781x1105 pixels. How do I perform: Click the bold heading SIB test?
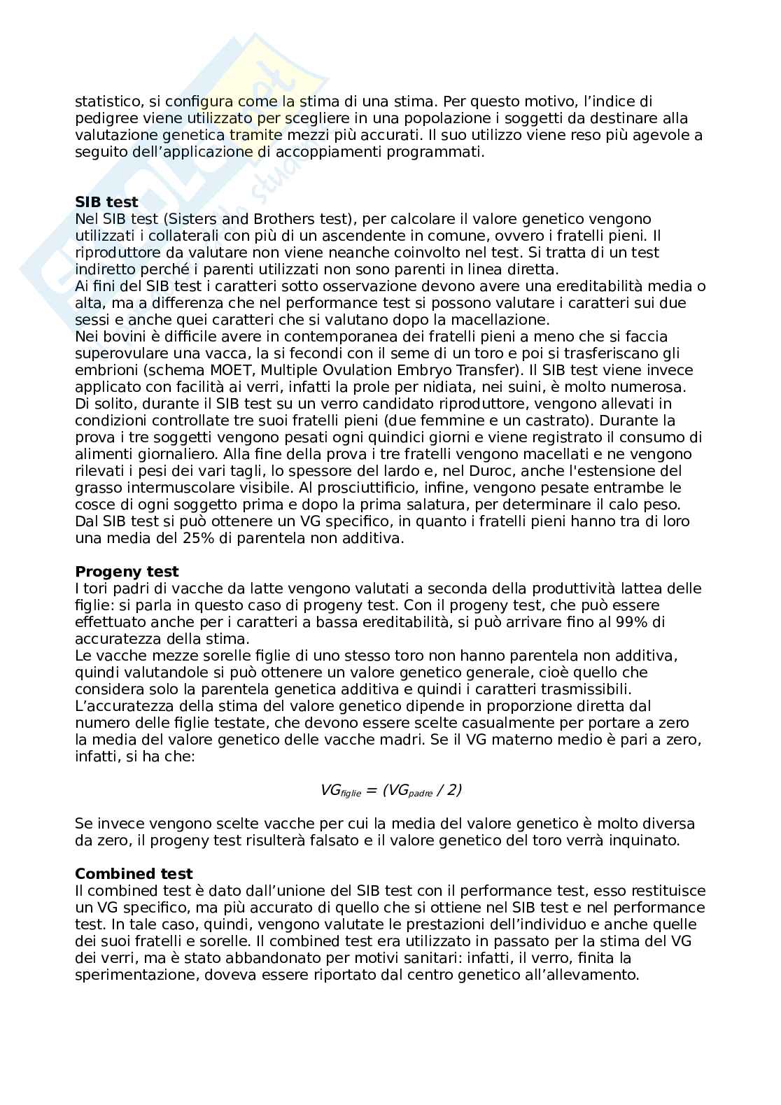[106, 202]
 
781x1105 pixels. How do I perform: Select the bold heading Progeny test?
[127, 572]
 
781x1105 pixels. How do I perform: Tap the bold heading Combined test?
[134, 874]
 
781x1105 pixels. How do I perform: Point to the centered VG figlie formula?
[390, 790]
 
